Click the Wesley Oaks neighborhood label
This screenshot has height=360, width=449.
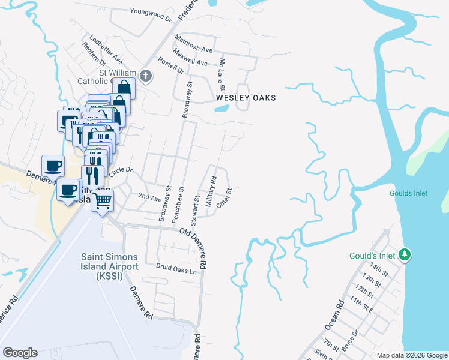pos(246,98)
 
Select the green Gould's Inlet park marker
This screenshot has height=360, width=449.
pos(405,256)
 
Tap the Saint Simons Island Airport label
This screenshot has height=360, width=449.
pos(110,266)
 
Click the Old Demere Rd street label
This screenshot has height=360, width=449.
pos(196,247)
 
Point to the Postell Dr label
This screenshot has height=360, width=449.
pos(170,65)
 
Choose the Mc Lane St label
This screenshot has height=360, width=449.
pos(222,71)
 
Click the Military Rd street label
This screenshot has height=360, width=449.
pos(211,191)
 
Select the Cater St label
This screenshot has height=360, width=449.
pos(224,199)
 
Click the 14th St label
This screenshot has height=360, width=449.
pos(379,267)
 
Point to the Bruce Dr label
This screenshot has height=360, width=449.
pos(351,340)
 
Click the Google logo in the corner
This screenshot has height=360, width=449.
pos(20,353)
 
